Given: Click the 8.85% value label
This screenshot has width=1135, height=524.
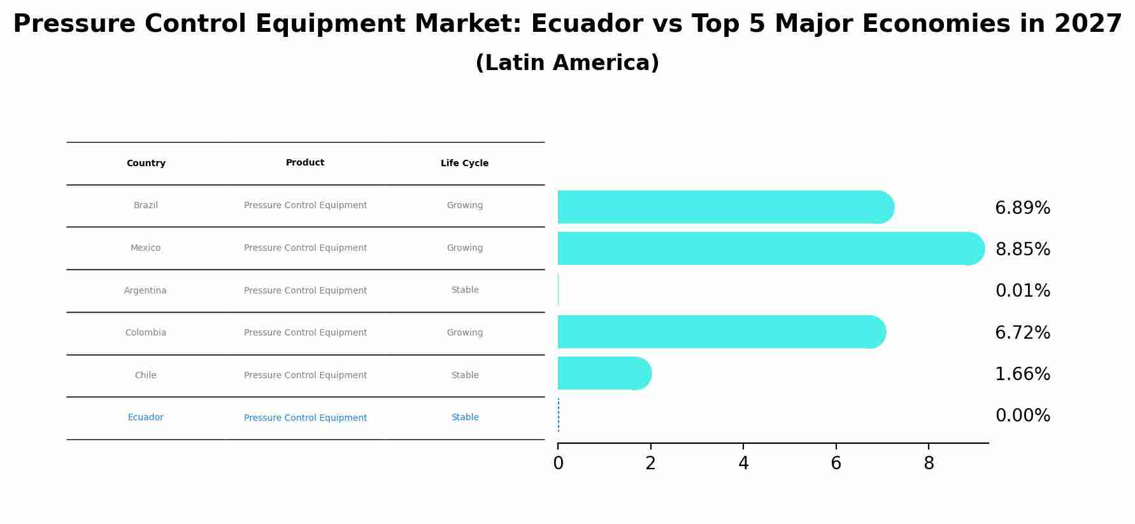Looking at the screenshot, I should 1022,250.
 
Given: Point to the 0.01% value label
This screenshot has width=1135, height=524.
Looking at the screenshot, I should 1022,291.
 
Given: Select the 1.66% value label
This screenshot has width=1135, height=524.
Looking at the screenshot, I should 1022,374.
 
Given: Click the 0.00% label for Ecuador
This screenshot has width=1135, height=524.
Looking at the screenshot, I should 1022,416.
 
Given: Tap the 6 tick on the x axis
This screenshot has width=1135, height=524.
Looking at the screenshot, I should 836,464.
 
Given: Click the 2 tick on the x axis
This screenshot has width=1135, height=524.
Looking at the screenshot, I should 650,464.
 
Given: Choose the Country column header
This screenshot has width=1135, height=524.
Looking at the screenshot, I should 146,164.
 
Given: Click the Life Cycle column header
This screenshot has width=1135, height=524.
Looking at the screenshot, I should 464,164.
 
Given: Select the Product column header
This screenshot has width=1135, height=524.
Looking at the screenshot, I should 305,163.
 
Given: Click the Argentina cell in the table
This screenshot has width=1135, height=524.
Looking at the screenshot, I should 145,290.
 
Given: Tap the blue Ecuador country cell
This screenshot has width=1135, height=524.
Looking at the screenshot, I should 145,418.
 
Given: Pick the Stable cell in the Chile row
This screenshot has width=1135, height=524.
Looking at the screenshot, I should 465,375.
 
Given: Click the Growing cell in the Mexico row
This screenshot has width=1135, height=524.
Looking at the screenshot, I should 465,248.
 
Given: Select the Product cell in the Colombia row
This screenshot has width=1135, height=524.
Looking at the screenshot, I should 305,332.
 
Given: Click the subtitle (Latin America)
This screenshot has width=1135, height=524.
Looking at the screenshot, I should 567,63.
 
